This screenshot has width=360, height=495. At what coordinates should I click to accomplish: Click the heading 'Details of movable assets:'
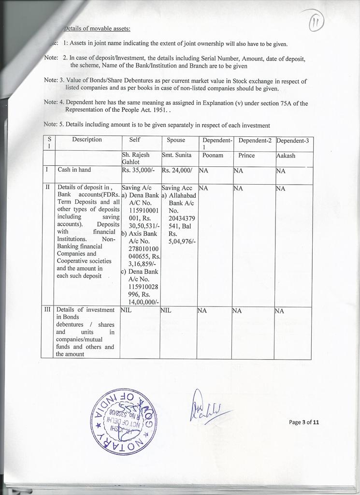(97, 29)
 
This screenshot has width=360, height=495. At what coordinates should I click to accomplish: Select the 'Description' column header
(87, 140)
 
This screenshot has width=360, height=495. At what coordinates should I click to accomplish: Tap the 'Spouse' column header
(176, 140)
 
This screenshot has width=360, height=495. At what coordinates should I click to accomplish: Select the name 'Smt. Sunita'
(176, 156)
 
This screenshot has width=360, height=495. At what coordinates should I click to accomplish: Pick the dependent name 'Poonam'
(212, 156)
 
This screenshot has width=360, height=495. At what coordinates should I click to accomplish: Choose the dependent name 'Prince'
(246, 156)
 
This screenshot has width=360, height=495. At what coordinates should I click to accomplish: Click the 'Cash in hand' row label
(74, 170)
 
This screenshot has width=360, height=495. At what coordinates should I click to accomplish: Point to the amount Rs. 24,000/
(177, 170)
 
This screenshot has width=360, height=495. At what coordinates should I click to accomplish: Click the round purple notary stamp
(124, 422)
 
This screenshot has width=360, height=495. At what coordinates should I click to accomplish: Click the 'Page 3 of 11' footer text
(304, 422)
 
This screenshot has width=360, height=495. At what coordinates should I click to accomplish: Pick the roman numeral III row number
(47, 310)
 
